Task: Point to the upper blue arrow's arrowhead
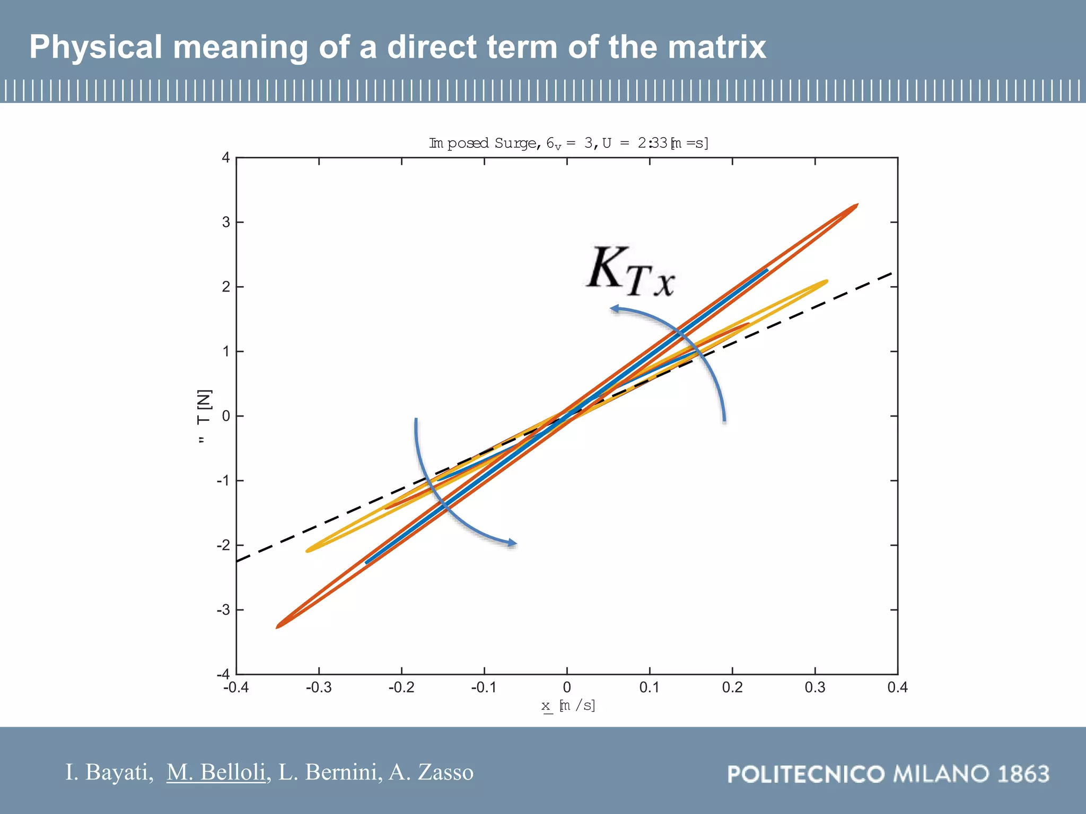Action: pyautogui.click(x=614, y=308)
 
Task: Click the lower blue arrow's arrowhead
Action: pyautogui.click(x=513, y=543)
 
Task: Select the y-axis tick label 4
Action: pyautogui.click(x=226, y=157)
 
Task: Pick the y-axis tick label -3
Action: pyautogui.click(x=223, y=610)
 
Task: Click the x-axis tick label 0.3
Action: pyautogui.click(x=814, y=687)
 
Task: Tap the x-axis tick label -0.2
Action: pyautogui.click(x=401, y=687)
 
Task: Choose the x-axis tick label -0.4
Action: pyautogui.click(x=235, y=687)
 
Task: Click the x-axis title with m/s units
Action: pyautogui.click(x=568, y=705)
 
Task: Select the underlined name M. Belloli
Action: pyautogui.click(x=216, y=772)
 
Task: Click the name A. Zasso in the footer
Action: pyautogui.click(x=431, y=772)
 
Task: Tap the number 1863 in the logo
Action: pyautogui.click(x=1023, y=774)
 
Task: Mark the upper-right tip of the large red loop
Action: pyautogui.click(x=856, y=205)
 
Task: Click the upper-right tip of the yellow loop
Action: pyautogui.click(x=826, y=281)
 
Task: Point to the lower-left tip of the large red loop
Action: pyautogui.click(x=278, y=627)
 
